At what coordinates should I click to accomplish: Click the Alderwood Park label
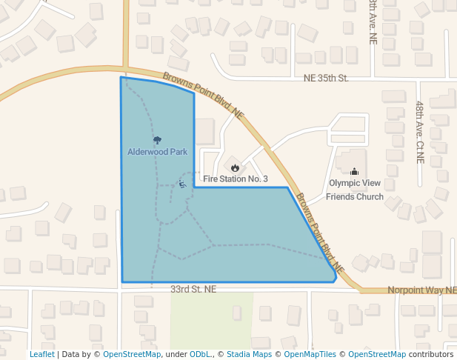(157, 152)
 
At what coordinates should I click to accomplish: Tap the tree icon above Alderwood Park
(157, 140)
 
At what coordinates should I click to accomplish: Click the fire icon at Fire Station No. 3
(235, 168)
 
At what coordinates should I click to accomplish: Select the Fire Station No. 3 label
(235, 179)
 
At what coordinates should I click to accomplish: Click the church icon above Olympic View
(354, 172)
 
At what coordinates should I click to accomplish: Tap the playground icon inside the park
(182, 183)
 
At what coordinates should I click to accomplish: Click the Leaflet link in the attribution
(41, 354)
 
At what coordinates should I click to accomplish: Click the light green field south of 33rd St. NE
(212, 319)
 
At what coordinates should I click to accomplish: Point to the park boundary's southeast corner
(334, 281)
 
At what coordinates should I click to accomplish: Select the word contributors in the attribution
(431, 354)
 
